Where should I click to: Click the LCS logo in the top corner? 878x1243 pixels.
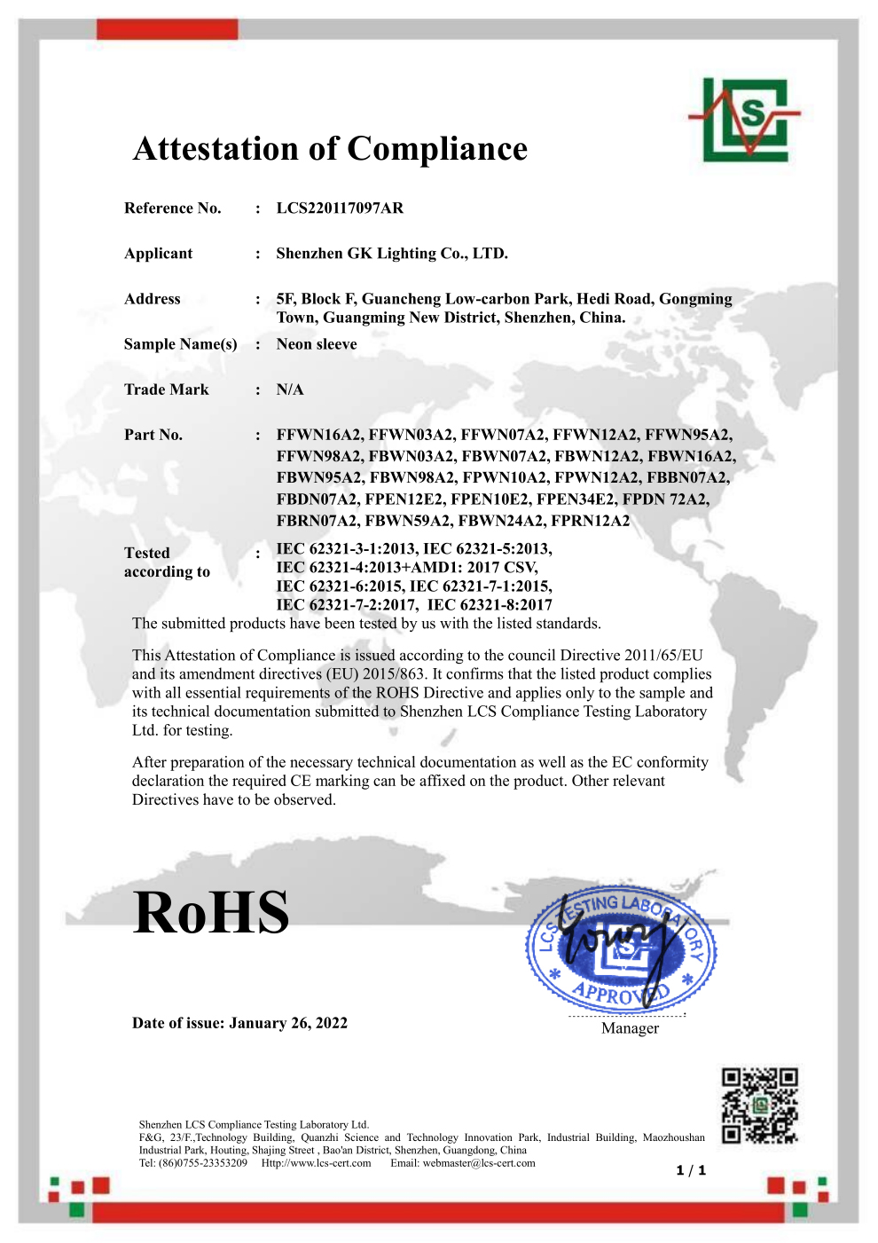[x=743, y=120]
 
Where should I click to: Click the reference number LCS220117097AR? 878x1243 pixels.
[x=340, y=208]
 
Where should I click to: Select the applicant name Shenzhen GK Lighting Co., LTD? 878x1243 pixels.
[x=392, y=254]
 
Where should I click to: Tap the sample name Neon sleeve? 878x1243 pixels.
[x=317, y=344]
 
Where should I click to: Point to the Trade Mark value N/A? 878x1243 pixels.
[x=290, y=389]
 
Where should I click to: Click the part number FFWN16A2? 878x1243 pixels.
[x=319, y=435]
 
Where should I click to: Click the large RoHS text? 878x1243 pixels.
[x=211, y=912]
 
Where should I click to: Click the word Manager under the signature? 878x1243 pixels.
[x=630, y=1028]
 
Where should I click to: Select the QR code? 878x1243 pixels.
[x=759, y=1105]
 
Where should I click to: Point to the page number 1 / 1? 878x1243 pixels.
[x=691, y=1170]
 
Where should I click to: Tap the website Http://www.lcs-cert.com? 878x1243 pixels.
[x=316, y=1163]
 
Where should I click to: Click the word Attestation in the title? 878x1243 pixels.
[x=216, y=149]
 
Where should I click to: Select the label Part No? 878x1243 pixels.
[x=153, y=435]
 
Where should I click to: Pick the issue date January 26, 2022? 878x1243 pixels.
[x=288, y=1023]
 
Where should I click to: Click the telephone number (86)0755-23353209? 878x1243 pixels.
[x=203, y=1163]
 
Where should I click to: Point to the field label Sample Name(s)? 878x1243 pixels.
[x=181, y=344]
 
